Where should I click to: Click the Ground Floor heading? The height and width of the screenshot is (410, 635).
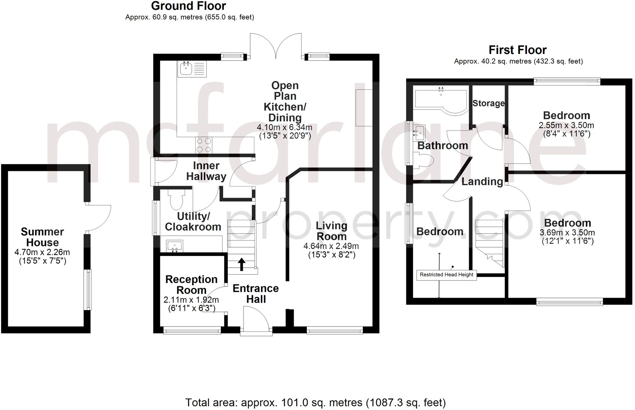188,6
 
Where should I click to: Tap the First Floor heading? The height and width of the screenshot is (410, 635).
517,50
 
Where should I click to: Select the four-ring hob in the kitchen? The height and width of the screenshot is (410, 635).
204,145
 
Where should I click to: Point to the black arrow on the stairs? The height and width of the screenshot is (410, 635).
241,264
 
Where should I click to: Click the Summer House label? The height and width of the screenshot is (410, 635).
42,237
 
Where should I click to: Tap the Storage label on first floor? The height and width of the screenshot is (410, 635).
488,103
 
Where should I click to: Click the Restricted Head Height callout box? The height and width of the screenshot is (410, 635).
446,275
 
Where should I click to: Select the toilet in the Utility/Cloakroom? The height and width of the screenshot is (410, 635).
176,199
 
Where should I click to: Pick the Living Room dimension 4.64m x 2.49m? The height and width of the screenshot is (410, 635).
331,246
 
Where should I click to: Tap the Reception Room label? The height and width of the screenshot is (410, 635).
191,285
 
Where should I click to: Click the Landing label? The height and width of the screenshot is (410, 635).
482,181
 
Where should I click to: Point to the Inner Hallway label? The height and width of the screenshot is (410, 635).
206,171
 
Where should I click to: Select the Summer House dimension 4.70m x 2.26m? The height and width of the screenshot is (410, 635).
42,252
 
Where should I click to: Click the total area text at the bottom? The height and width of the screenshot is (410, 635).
315,403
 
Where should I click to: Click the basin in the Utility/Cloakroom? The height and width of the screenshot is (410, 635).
175,246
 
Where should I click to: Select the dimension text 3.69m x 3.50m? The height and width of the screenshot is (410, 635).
567,233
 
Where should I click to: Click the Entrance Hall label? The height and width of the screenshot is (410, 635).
256,294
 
